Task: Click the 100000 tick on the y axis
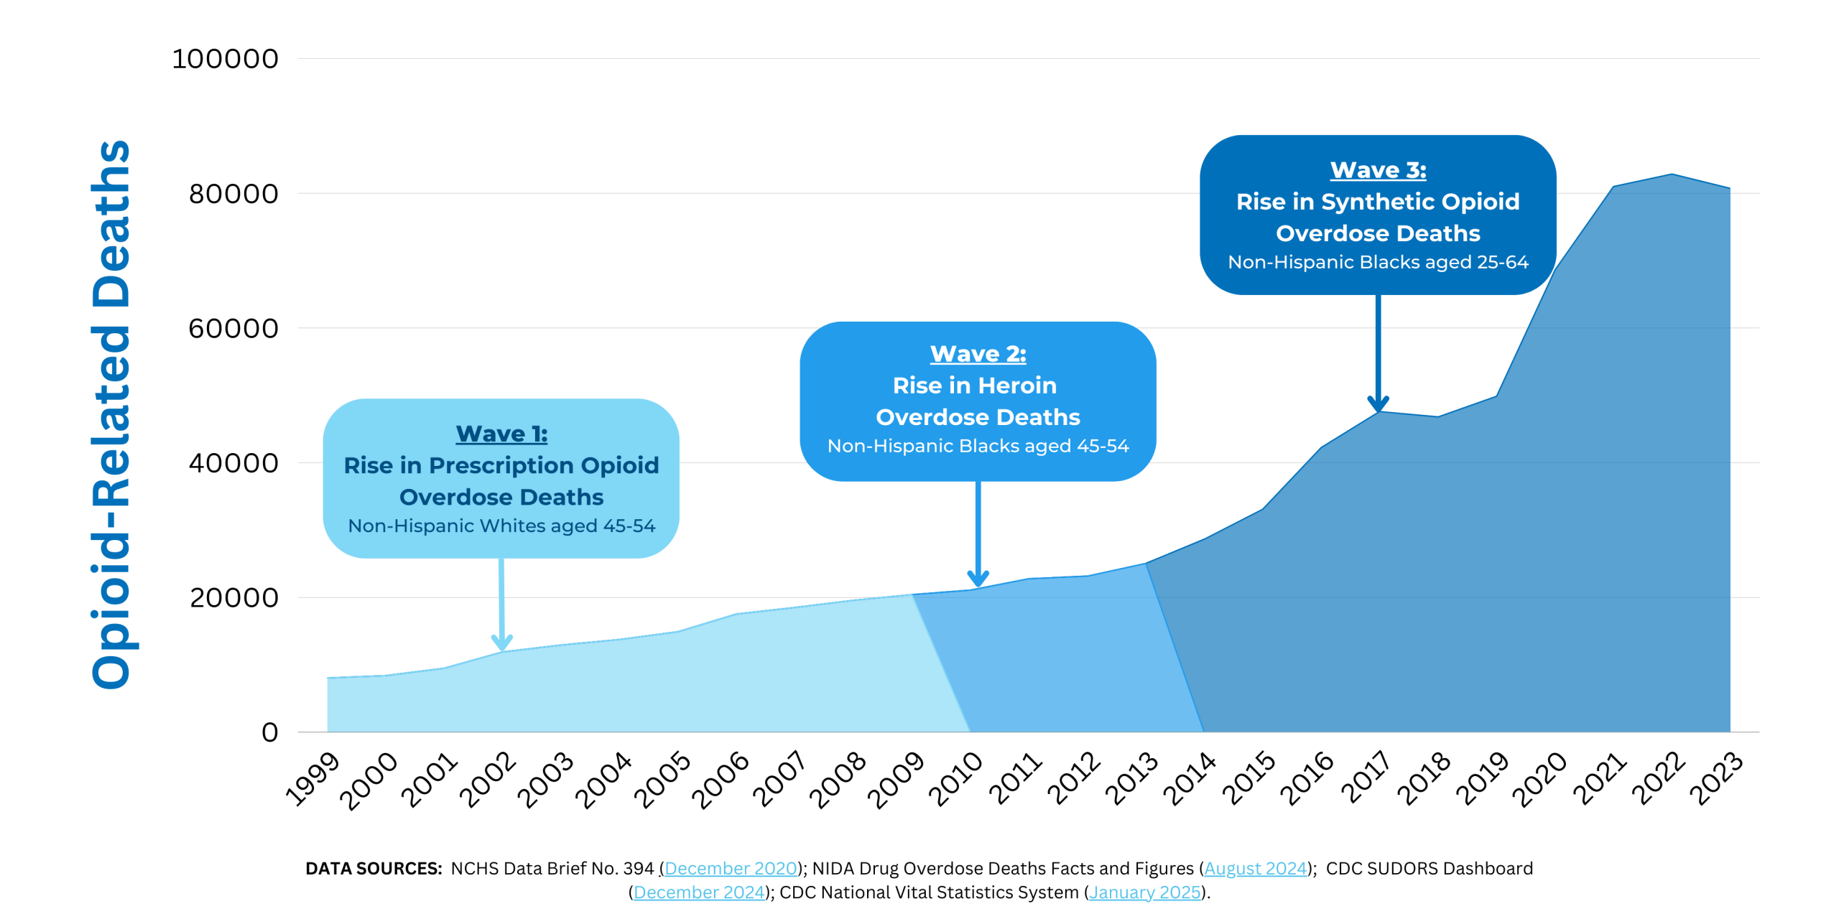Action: pos(225,59)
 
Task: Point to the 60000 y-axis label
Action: pos(233,329)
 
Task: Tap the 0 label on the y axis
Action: pos(269,732)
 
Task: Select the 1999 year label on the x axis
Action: pos(312,778)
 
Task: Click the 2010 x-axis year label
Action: pos(955,778)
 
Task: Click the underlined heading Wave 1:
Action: pos(501,434)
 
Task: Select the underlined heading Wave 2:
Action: pos(978,354)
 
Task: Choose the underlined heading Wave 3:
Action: pos(1378,170)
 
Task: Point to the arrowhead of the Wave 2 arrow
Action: pos(978,579)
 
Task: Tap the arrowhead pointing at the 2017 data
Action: pos(1378,403)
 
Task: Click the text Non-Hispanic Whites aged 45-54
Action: pos(501,526)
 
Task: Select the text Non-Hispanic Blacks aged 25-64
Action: pos(1378,262)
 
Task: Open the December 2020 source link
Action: pos(730,869)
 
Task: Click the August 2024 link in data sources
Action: pos(1255,869)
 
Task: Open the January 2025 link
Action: pos(1144,892)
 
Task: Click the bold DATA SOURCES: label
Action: pos(374,869)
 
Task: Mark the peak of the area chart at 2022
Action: pos(1672,174)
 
